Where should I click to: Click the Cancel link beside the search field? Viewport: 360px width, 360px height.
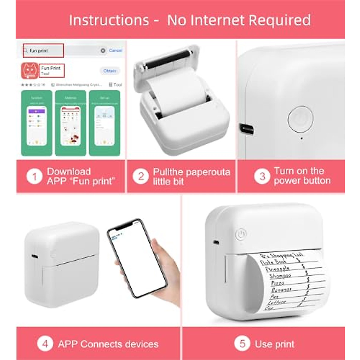tap(115, 50)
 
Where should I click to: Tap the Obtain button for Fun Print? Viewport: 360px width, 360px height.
tap(109, 71)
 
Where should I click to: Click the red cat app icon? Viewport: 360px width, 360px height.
tap(30, 71)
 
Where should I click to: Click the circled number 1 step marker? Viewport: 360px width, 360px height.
tap(34, 176)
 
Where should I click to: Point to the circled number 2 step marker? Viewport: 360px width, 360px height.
tap(141, 176)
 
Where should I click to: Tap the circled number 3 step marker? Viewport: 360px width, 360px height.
tap(262, 176)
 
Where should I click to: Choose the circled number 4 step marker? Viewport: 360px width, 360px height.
tap(45, 344)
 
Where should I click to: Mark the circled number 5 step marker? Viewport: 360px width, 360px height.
tap(242, 344)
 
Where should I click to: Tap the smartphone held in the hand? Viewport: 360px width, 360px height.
tap(137, 258)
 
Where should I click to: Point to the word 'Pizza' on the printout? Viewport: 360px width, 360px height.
tap(277, 283)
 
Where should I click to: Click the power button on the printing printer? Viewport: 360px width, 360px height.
tap(241, 234)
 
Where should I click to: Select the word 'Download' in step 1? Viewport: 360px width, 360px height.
tap(69, 171)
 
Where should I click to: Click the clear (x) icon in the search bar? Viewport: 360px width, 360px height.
tap(103, 50)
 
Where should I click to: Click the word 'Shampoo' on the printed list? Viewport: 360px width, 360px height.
tap(280, 276)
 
